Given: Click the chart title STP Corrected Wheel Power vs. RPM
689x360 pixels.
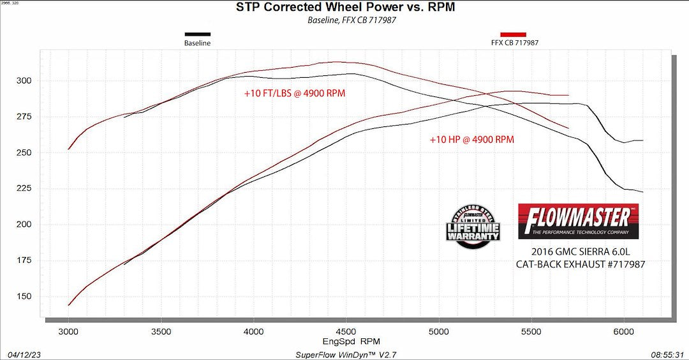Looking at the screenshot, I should coord(345,8).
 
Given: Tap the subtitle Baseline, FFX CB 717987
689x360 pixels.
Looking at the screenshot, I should coord(345,20).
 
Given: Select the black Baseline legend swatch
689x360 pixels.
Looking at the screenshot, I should coord(197,34).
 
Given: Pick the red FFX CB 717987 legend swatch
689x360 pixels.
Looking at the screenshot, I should coord(513,34).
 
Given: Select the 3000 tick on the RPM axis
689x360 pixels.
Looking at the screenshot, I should coord(68,332).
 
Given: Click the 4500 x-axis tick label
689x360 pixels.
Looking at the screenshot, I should coord(346,332).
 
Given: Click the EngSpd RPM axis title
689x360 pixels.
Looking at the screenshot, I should coord(346,341).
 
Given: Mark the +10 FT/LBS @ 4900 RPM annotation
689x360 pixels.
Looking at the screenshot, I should coord(295,93).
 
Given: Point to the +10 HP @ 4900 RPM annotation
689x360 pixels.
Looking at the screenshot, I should coord(471,140).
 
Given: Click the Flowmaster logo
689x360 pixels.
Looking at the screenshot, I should coord(578,221).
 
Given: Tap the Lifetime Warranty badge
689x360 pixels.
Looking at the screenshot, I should coord(473,227).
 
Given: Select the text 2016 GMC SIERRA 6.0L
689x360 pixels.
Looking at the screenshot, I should coord(580,251).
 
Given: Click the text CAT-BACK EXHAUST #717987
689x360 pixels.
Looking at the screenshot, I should coord(580,263).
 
